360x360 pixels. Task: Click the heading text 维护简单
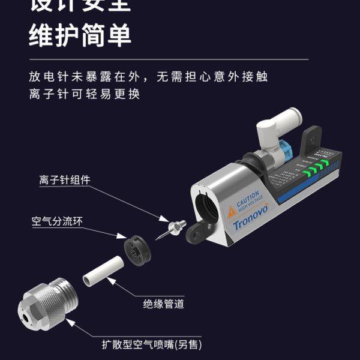80,35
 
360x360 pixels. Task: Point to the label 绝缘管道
163,304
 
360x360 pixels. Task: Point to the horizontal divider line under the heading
168,59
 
